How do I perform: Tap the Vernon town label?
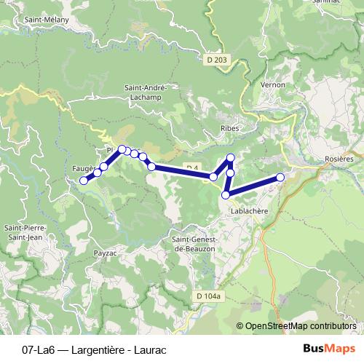272,84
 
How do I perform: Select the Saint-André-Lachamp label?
146,92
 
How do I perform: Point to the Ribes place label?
219,127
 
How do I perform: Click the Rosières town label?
339,159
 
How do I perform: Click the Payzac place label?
106,253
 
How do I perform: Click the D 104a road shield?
207,296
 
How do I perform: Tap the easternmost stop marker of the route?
280,177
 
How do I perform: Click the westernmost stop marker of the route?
84,181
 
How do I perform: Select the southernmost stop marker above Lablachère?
226,194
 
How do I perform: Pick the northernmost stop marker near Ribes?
231,158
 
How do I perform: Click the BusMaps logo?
329,348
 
